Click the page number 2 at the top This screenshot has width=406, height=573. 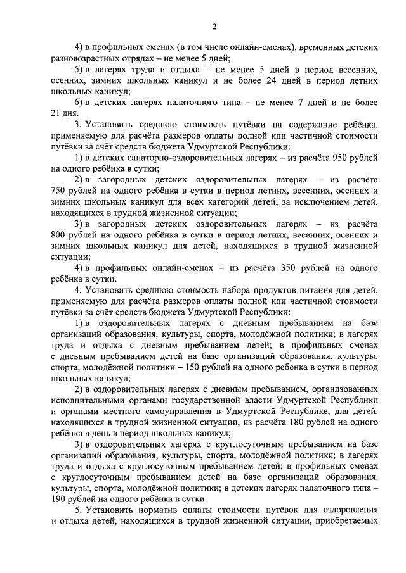214,26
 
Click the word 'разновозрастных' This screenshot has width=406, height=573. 87,59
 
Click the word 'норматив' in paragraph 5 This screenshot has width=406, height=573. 165,510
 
